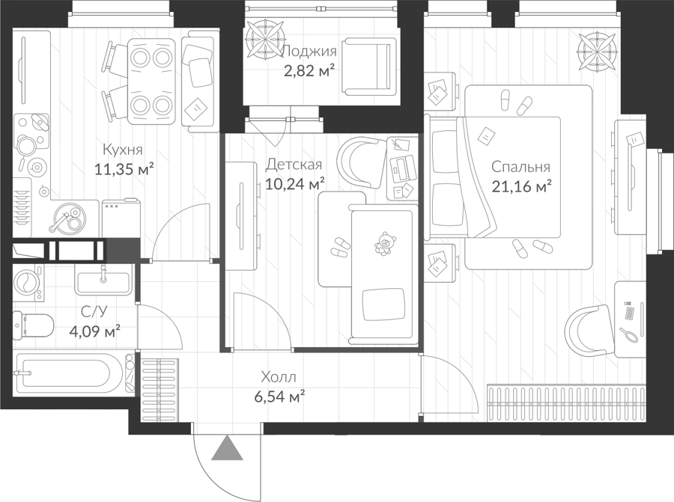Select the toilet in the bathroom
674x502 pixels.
tap(33, 325)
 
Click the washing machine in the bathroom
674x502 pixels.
tap(28, 282)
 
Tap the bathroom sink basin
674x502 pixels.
tap(103, 280)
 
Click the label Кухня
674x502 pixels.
tap(123, 150)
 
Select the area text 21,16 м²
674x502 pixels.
tap(521, 187)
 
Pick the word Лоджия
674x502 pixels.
tap(309, 51)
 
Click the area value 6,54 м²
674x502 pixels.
tap(279, 397)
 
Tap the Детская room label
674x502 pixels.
tap(294, 165)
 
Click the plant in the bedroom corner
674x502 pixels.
tap(597, 52)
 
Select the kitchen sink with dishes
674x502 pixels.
tap(68, 218)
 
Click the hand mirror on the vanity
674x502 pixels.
tap(628, 334)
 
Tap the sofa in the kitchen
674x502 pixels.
tap(198, 85)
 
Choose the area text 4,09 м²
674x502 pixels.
tap(94, 331)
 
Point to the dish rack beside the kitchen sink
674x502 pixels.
tap(22, 206)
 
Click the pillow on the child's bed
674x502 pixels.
tap(383, 304)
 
